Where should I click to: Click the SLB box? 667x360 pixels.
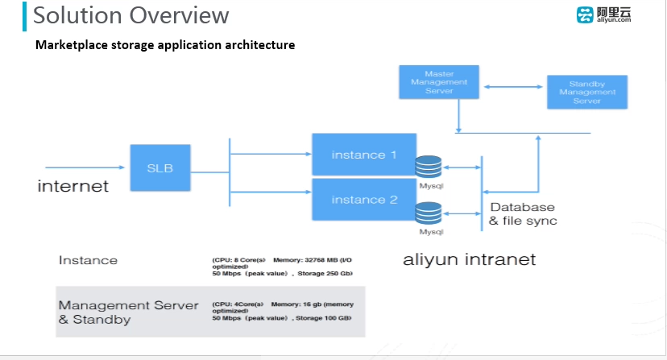160,168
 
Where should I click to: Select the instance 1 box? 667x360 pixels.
363,155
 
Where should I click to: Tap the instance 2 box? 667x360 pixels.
363,200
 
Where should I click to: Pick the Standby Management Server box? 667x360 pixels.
586,91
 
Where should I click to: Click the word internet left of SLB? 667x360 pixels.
72,186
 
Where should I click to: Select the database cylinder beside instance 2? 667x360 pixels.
428,213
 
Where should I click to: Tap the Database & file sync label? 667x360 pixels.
523,214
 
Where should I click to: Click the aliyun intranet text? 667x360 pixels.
469,259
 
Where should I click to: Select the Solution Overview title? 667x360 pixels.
131,15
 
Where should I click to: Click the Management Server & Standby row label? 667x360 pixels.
128,312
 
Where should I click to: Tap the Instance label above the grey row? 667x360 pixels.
88,260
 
